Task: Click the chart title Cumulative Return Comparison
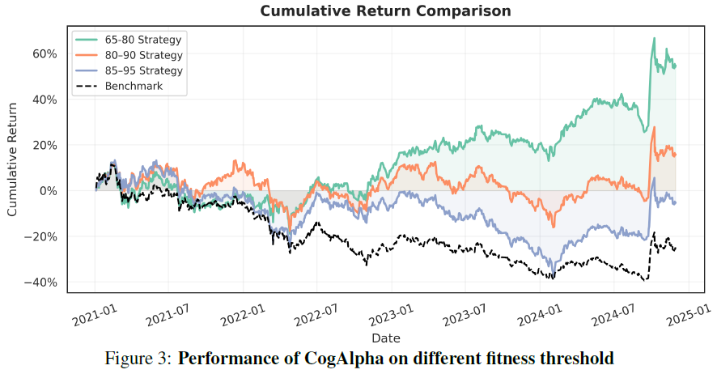click(385, 11)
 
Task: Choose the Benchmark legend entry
click(120, 86)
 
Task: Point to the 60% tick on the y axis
click(45, 54)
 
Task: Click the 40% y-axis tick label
click(45, 100)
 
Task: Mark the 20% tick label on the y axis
click(45, 146)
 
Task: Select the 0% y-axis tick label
click(48, 191)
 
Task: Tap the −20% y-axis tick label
click(40, 237)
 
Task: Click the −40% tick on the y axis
click(40, 283)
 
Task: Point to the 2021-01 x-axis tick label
click(95, 315)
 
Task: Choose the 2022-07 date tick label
click(316, 315)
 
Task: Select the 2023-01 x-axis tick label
click(392, 315)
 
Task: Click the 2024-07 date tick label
click(613, 315)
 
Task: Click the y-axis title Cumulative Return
click(12, 159)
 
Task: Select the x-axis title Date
click(385, 338)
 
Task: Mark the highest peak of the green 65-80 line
click(654, 38)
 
